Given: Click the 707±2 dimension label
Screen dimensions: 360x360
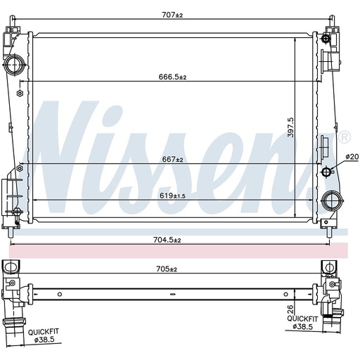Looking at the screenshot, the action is [172, 15].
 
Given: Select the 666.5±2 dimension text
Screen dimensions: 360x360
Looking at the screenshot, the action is [172, 77].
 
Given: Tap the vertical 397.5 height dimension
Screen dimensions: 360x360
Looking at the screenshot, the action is [291, 127].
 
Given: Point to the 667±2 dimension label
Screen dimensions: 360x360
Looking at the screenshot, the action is [172, 160].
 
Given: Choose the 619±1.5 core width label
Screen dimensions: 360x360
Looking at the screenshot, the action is [172, 195].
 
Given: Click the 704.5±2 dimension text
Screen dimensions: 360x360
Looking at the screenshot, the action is [167, 240].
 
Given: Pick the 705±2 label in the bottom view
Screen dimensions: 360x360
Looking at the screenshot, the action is [167, 269].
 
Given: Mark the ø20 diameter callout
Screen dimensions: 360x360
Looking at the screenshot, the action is [352, 157].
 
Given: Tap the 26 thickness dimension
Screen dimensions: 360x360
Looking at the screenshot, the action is [290, 309].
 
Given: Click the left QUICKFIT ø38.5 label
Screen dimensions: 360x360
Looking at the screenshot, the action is [44, 335].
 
